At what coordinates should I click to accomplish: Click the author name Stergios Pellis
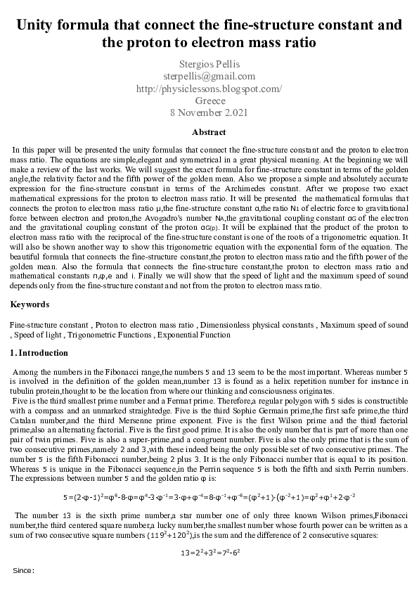click(x=209, y=64)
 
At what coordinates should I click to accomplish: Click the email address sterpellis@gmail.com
click(x=209, y=76)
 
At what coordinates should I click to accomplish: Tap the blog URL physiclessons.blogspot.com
click(x=209, y=88)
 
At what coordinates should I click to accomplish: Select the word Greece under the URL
click(x=209, y=100)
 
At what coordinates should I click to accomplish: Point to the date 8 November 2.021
click(x=209, y=112)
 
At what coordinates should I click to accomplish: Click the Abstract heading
click(x=209, y=131)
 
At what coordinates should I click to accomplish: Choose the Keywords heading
click(x=30, y=304)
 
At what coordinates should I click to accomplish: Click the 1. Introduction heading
click(x=39, y=353)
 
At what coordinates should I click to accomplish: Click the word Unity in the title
click(x=39, y=25)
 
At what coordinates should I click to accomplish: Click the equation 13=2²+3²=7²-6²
click(x=209, y=553)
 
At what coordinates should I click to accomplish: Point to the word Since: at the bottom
click(x=24, y=570)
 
